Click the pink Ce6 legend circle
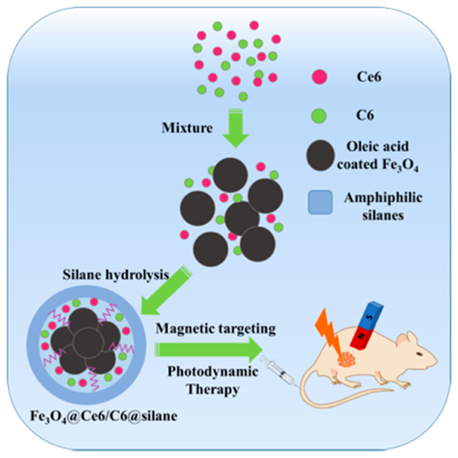(320, 77)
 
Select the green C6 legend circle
(319, 115)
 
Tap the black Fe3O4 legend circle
(321, 155)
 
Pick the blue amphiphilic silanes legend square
(321, 203)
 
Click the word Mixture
(188, 128)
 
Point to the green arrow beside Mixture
(236, 128)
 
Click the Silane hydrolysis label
(115, 275)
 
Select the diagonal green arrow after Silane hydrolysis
(166, 291)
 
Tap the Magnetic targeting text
(216, 329)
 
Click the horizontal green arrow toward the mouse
(209, 350)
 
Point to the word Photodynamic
(213, 372)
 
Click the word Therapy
(213, 389)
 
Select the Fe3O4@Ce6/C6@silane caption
(104, 417)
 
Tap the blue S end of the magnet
(372, 314)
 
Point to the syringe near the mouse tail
(279, 371)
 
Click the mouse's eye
(419, 354)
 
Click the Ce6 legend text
(369, 77)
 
